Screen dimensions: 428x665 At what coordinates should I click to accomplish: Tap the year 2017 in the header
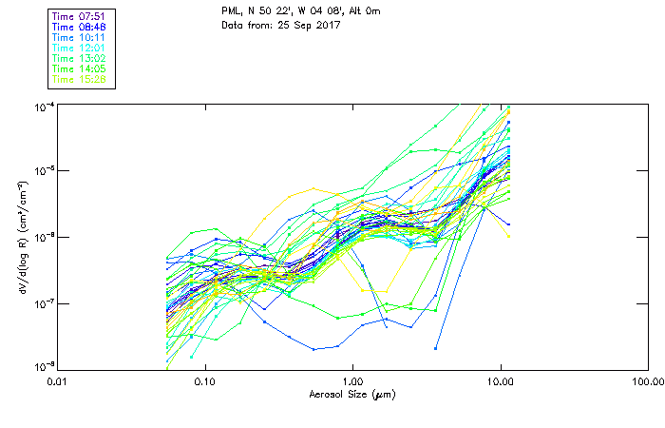pos(328,26)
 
